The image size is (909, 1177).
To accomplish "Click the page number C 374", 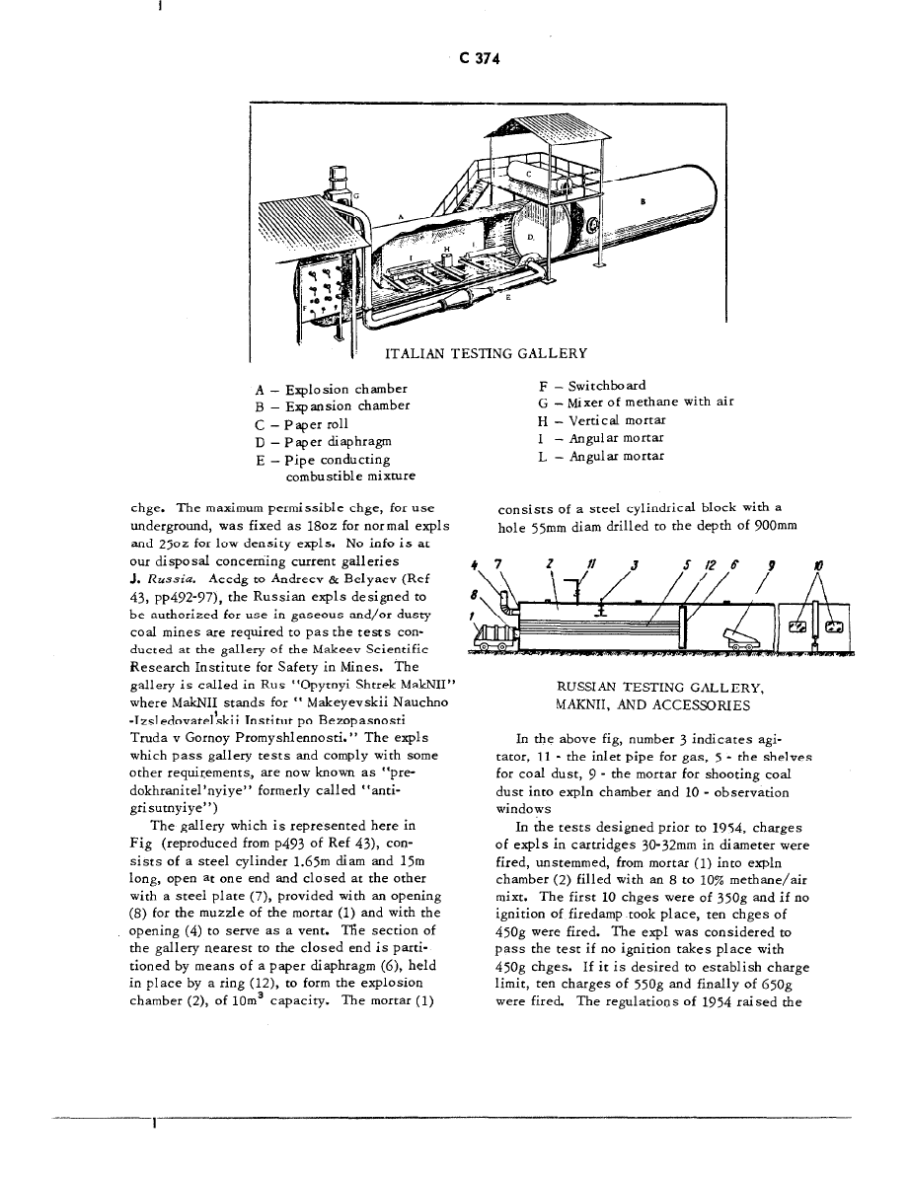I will pos(481,59).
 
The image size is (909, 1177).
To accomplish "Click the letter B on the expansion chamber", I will pos(643,200).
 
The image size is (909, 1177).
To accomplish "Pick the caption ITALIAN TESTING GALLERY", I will pos(486,353).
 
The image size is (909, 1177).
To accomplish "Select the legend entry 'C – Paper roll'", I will pos(303,423).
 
